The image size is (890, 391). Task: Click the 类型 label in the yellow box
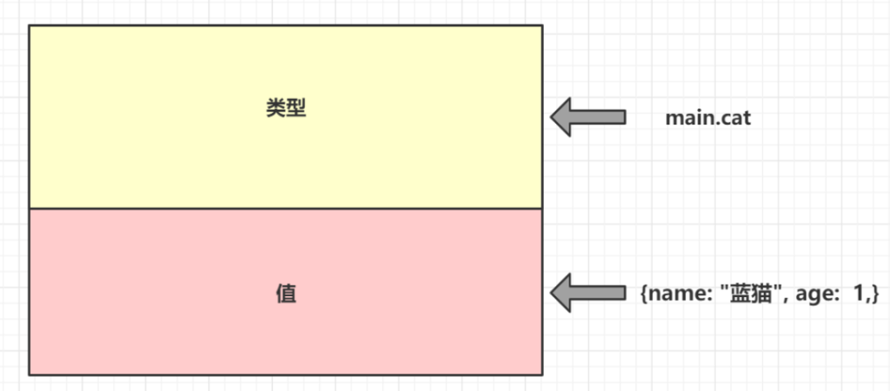[286, 109]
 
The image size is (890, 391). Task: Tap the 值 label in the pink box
[286, 294]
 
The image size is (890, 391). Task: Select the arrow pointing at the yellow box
[588, 117]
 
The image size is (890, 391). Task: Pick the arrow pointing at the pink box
[588, 293]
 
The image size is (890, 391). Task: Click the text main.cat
[708, 118]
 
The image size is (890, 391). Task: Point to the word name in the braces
[670, 294]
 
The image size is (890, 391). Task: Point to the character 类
[276, 109]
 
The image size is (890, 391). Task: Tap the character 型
[296, 109]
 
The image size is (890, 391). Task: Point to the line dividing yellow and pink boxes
[286, 209]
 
